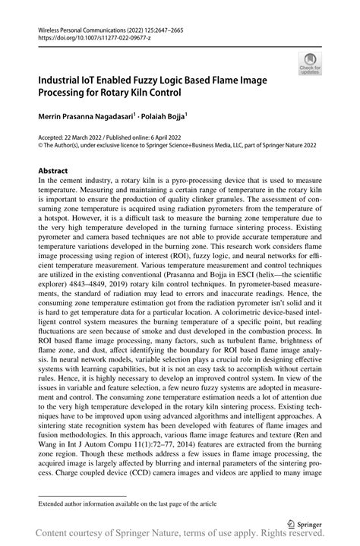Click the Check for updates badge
[311, 63]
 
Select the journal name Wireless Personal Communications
[81, 27]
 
